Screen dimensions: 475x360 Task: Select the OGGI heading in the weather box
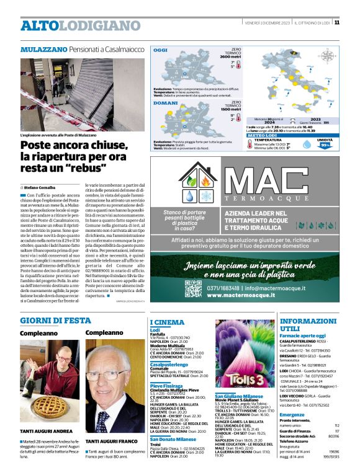(x=161, y=50)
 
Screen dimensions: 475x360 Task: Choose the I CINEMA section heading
(x=168, y=322)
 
